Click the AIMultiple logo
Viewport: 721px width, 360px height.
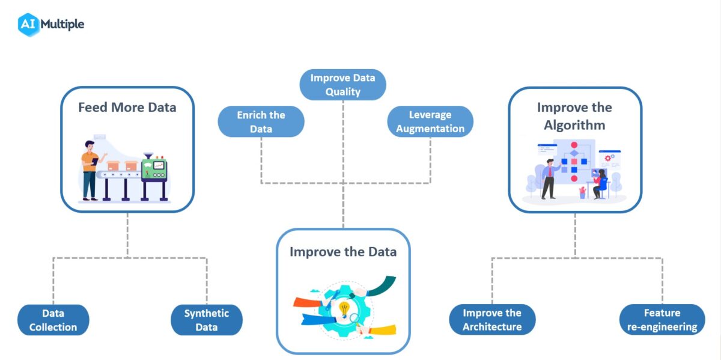[51, 24]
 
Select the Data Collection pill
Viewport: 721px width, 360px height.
[53, 320]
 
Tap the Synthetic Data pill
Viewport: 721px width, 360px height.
[207, 320]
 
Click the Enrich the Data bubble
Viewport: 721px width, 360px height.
[261, 121]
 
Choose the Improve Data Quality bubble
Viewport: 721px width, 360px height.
[342, 85]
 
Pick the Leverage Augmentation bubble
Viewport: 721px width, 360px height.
[430, 121]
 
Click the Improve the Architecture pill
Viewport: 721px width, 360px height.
[492, 320]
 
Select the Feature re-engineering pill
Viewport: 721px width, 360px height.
[662, 320]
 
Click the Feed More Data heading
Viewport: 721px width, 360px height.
[127, 108]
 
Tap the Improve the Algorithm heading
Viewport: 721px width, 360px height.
[574, 116]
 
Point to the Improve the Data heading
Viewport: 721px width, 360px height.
[343, 251]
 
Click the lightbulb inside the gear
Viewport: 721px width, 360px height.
[344, 308]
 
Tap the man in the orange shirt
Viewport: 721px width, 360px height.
[90, 169]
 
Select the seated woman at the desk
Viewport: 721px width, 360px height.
[599, 183]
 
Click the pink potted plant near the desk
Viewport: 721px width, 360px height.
[582, 192]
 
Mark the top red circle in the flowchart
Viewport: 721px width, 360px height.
[574, 145]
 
